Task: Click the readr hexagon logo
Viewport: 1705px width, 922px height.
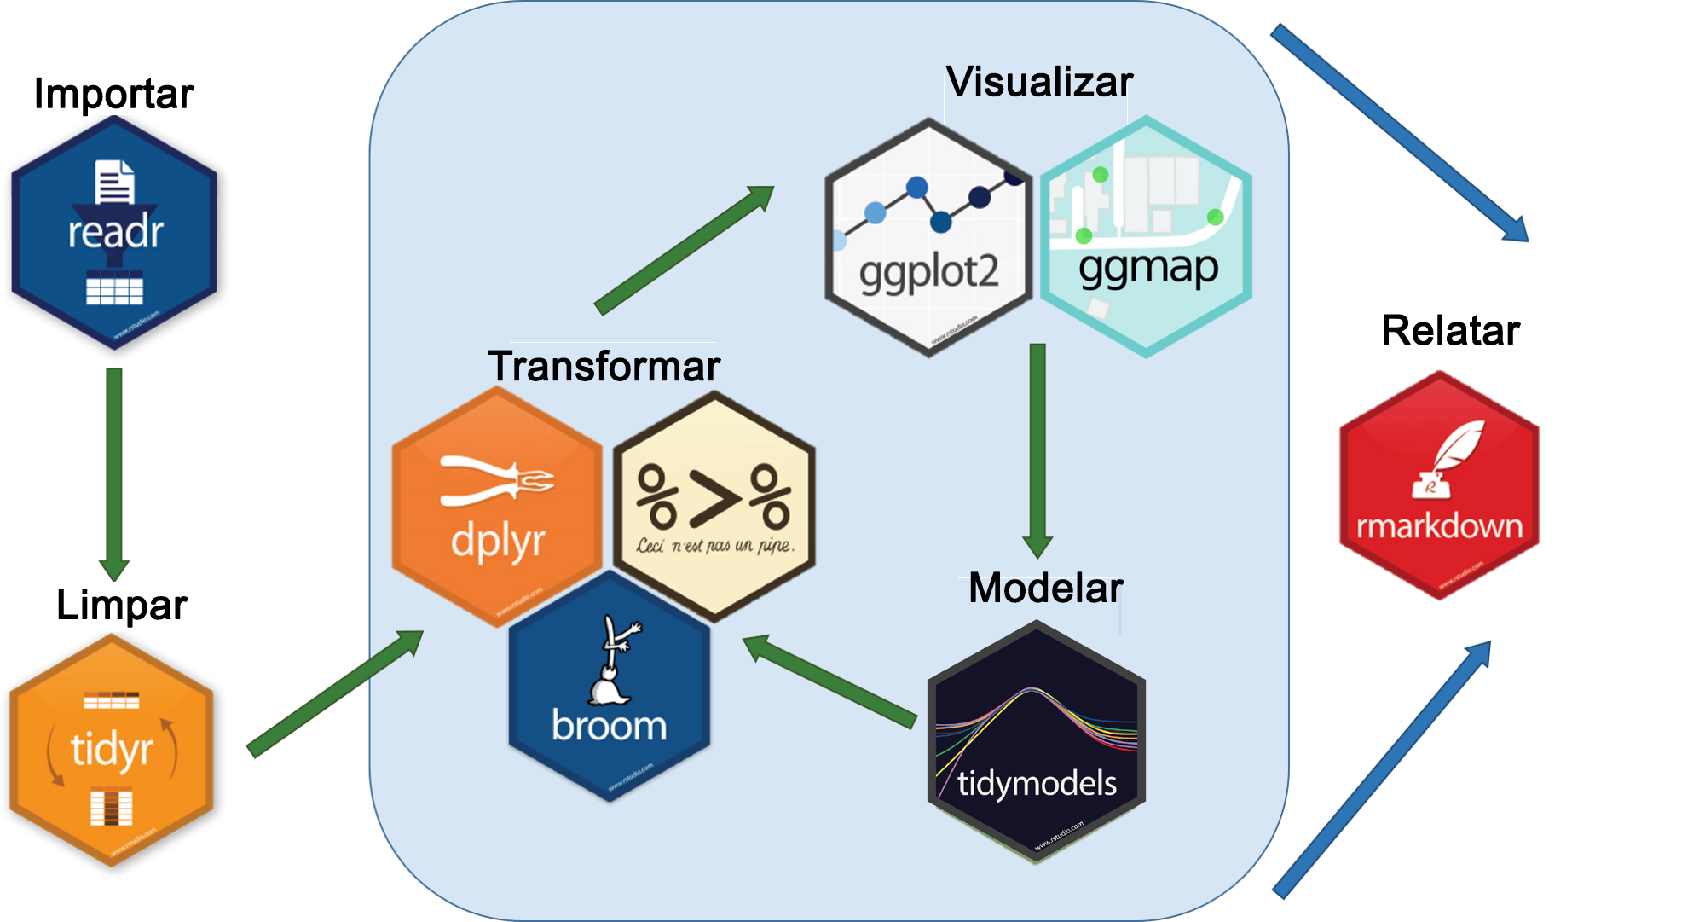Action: (114, 233)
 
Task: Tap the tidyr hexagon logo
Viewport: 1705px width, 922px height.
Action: (111, 751)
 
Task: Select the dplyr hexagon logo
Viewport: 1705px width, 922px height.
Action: (496, 507)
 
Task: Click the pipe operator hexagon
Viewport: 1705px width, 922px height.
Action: (714, 507)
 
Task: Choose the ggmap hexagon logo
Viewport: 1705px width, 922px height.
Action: (1146, 236)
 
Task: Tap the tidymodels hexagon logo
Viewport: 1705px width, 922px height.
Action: (1036, 741)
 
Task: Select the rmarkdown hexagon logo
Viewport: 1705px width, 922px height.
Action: (1439, 485)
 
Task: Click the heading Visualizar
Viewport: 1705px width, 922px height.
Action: (1039, 83)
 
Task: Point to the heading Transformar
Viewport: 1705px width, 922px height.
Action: (604, 367)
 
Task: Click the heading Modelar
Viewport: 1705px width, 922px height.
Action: (1045, 589)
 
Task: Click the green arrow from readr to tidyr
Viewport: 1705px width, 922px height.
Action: (114, 473)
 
